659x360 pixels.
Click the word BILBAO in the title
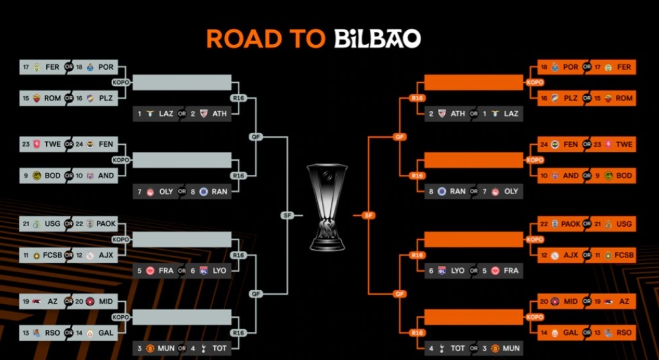click(x=377, y=39)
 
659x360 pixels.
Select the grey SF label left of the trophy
click(x=287, y=215)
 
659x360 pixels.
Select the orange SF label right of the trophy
click(x=369, y=215)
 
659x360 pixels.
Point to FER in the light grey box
click(x=53, y=67)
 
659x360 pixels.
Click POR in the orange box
click(x=571, y=67)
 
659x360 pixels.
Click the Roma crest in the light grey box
click(x=35, y=98)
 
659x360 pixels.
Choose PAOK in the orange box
click(x=571, y=224)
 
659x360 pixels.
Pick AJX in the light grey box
click(x=106, y=255)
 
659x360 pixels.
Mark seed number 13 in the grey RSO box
click(x=26, y=332)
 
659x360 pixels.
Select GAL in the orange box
click(x=571, y=332)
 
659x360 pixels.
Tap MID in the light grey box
click(x=106, y=302)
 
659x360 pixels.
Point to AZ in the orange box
click(x=624, y=302)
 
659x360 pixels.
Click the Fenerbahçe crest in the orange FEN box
click(x=555, y=145)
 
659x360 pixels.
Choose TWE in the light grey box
click(x=53, y=145)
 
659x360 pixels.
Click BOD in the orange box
click(x=624, y=176)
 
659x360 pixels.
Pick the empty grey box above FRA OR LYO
click(x=182, y=240)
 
